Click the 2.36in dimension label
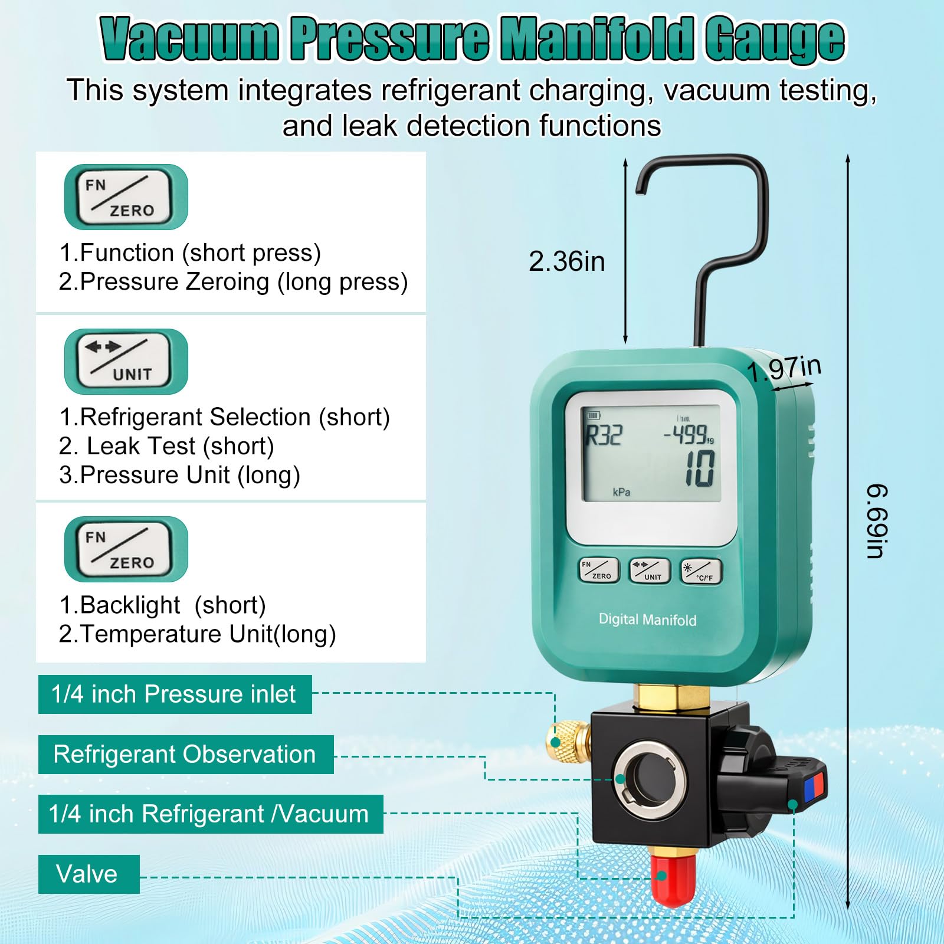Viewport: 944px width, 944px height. tap(566, 261)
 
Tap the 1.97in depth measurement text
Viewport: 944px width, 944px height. tap(784, 369)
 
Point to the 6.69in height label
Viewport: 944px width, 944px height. tap(877, 521)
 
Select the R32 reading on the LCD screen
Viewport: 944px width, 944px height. tap(603, 435)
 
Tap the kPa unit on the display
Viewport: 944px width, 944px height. tap(621, 492)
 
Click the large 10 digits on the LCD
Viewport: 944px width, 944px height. tap(700, 468)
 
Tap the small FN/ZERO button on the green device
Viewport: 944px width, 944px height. tap(599, 571)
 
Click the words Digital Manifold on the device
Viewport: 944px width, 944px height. tap(647, 619)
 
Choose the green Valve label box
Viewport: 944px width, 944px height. tap(89, 874)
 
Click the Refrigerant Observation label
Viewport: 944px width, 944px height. tap(186, 754)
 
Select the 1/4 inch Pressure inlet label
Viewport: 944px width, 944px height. tap(175, 694)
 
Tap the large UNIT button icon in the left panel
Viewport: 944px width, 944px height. tap(126, 362)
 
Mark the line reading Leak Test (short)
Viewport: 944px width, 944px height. tap(166, 446)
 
